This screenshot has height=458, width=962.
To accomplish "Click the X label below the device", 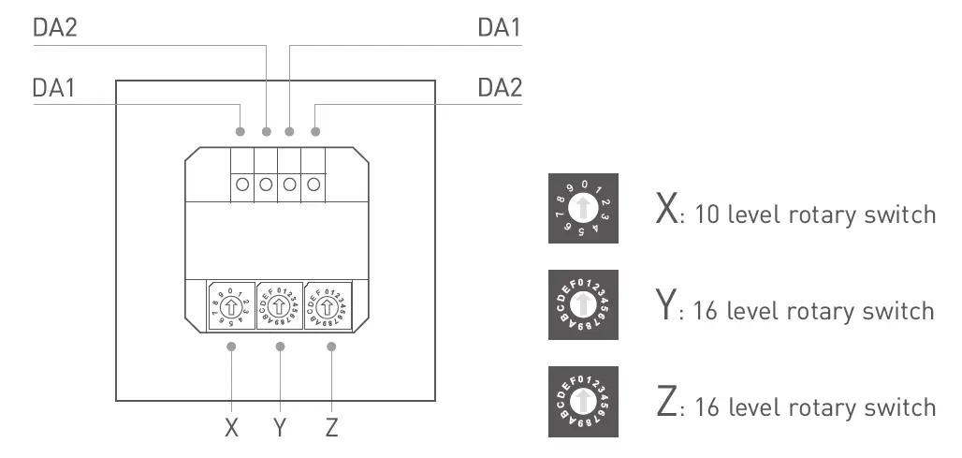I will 232,428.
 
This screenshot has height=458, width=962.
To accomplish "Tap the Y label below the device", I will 280,428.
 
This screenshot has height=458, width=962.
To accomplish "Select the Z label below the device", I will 331,428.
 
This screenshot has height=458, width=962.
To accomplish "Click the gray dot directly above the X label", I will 232,347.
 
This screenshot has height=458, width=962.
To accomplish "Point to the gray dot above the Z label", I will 331,347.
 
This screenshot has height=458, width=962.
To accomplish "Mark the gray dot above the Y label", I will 280,347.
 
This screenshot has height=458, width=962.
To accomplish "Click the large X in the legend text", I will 666,212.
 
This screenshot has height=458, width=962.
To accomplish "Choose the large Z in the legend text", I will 666,405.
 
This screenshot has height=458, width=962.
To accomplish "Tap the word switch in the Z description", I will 901,407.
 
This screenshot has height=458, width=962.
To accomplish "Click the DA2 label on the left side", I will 55,28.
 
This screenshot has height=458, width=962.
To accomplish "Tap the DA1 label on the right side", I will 500,28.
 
